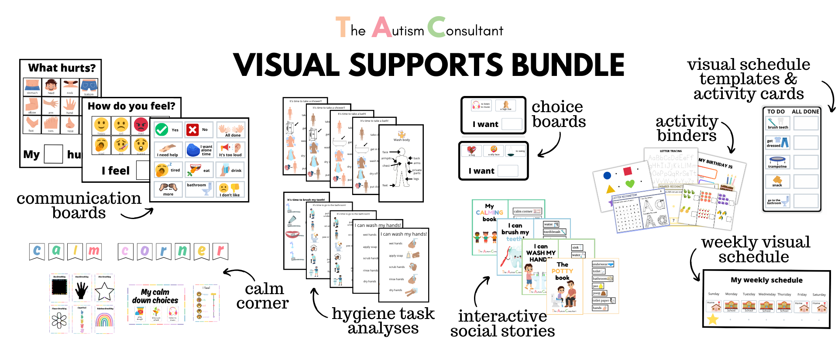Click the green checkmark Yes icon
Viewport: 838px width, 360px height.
coord(162,129)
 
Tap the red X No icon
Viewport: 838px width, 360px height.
coord(192,130)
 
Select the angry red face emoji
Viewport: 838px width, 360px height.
coord(141,125)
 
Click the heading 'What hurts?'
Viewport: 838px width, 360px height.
coord(62,68)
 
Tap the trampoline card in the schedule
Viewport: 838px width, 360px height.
coord(778,162)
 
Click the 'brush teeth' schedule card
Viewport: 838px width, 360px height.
coord(778,123)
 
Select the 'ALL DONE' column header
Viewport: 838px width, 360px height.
coord(805,112)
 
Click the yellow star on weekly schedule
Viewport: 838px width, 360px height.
coord(713,319)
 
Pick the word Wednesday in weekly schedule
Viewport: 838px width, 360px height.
coord(767,294)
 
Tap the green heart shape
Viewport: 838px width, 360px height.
coord(630,184)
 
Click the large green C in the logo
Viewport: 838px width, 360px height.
coord(436,27)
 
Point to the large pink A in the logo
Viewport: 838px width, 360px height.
coord(382,27)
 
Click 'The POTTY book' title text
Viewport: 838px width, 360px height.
coord(562,271)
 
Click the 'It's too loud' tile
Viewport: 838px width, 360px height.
coord(230,150)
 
